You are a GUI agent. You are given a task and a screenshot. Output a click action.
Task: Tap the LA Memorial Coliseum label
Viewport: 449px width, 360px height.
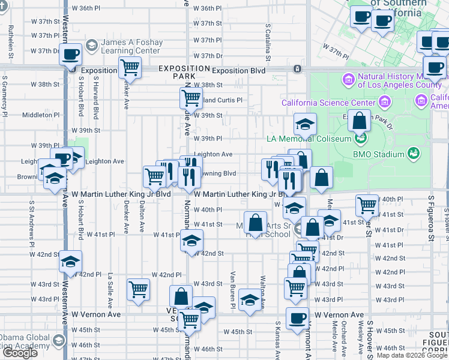309,139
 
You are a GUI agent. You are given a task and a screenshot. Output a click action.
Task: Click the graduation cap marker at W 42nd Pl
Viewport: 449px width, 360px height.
70,262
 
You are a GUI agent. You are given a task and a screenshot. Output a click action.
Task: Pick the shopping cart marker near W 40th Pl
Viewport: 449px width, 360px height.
367,205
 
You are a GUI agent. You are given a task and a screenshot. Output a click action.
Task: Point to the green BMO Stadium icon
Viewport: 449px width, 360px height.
414,154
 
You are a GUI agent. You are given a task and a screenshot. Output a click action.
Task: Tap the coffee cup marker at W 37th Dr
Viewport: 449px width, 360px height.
70,54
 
